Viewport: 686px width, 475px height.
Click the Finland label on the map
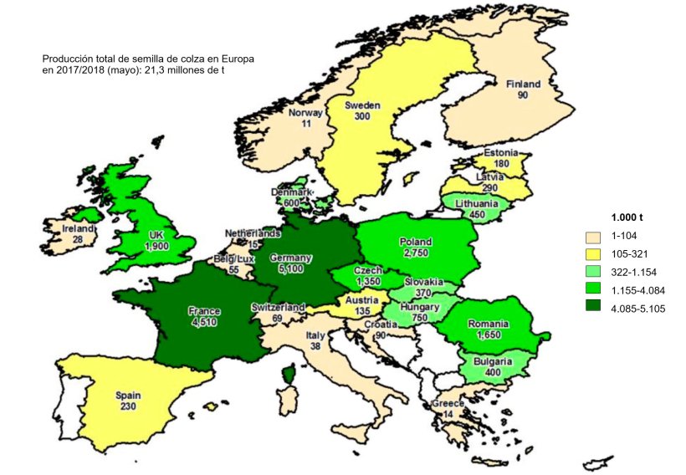click(524, 84)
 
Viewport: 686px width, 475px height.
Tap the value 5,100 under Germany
click(290, 270)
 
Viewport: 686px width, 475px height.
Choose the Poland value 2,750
click(416, 253)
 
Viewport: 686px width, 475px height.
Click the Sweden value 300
click(363, 117)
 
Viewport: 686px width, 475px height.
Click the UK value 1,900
click(156, 247)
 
